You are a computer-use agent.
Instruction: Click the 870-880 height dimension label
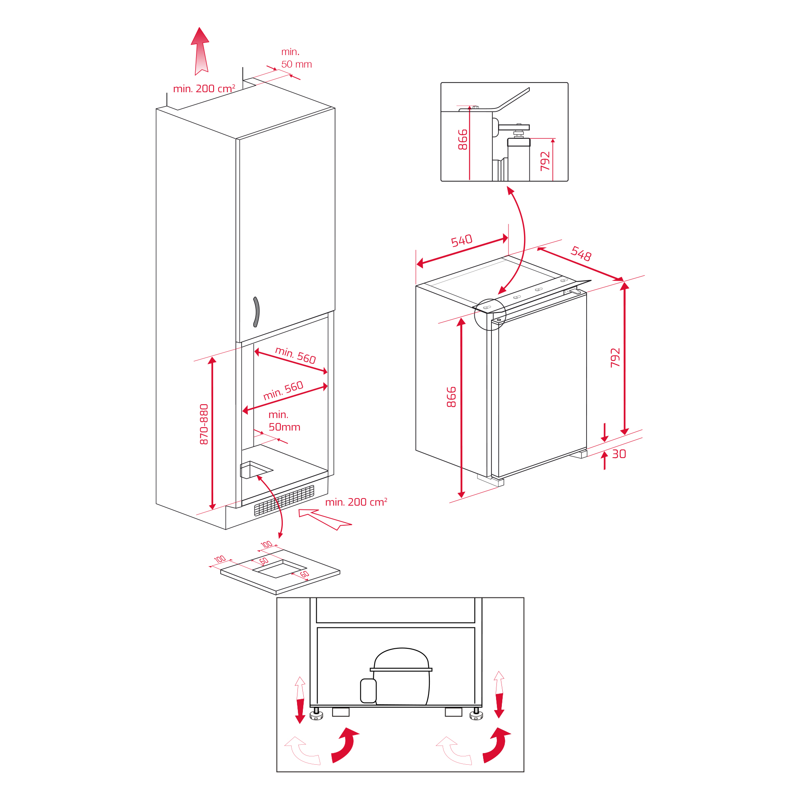click(204, 424)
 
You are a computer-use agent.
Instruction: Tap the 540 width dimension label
click(462, 240)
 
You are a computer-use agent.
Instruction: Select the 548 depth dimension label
click(581, 253)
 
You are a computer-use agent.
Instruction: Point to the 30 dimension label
click(619, 454)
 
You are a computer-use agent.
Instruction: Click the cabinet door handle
click(257, 312)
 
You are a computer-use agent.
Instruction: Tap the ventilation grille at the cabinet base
click(284, 500)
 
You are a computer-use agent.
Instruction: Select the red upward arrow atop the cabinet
click(200, 51)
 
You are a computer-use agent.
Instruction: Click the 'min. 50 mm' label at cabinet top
click(297, 58)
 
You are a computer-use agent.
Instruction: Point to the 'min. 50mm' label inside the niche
click(284, 421)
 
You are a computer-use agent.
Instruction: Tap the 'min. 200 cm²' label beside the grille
click(356, 502)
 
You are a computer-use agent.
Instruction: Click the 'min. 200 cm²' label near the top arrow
click(204, 88)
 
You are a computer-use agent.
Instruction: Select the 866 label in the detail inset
click(463, 140)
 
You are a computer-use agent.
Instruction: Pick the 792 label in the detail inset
click(545, 161)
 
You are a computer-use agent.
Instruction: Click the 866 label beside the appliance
click(451, 397)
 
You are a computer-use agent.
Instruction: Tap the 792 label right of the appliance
click(615, 358)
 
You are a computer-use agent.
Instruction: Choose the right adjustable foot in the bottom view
click(476, 714)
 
